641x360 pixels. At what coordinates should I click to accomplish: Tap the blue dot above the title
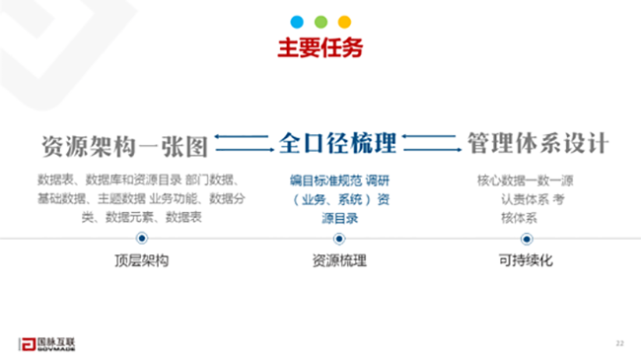tap(297, 21)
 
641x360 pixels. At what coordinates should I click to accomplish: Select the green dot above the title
tap(320, 21)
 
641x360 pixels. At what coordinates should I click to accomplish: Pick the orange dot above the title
tap(344, 21)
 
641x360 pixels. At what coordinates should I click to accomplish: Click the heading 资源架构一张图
tap(125, 145)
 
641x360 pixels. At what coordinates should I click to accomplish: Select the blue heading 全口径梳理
tap(337, 144)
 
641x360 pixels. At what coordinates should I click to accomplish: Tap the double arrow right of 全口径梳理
tap(432, 144)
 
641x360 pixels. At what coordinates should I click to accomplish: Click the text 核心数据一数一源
tap(525, 181)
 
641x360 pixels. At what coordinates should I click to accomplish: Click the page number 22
tap(619, 342)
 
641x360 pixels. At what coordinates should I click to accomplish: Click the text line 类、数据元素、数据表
tap(142, 216)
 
